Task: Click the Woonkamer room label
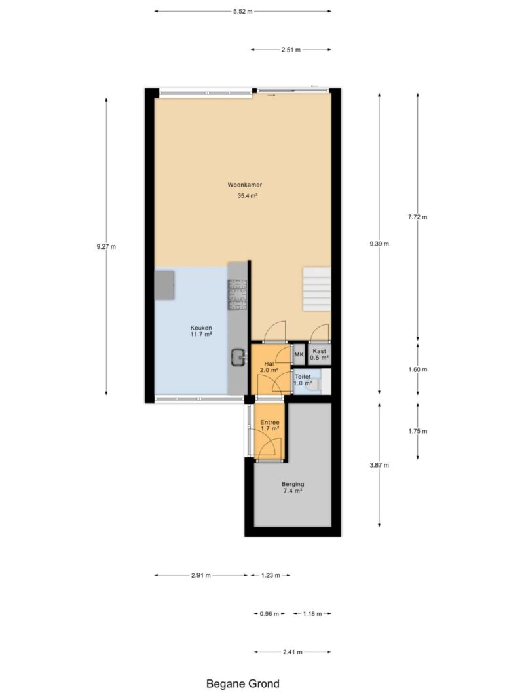[x=244, y=185]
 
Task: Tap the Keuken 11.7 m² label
[x=201, y=331]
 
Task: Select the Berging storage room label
[x=293, y=484]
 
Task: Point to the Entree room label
[x=270, y=422]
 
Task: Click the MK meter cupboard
[x=299, y=355]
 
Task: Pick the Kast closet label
[x=320, y=351]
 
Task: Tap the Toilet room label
[x=303, y=377]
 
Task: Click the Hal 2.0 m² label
[x=269, y=367]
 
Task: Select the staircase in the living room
[x=317, y=289]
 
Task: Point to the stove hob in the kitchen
[x=237, y=294]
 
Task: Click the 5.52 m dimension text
[x=243, y=12]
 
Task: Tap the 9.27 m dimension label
[x=106, y=246]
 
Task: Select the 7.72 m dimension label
[x=417, y=217]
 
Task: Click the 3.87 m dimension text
[x=379, y=465]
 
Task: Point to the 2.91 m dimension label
[x=201, y=575]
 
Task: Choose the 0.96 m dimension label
[x=269, y=614]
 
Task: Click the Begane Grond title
[x=243, y=683]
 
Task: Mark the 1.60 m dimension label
[x=417, y=369]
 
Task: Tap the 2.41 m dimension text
[x=293, y=652]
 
